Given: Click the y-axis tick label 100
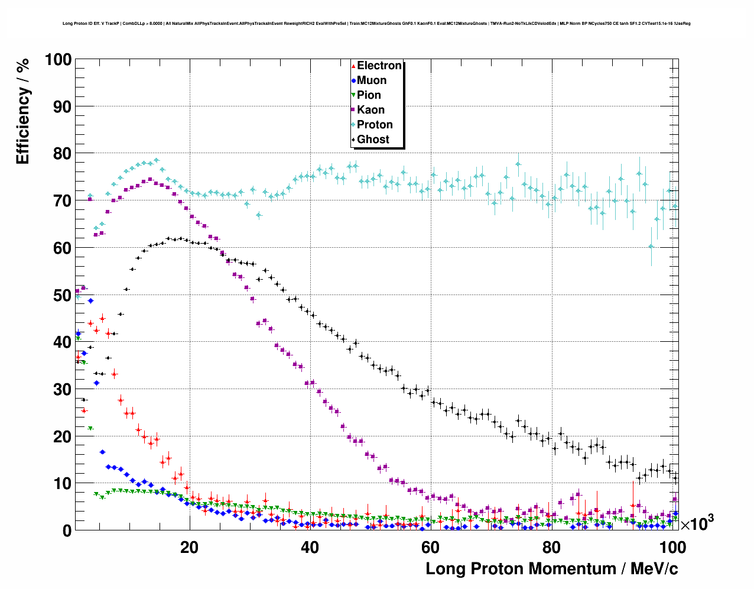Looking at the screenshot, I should pyautogui.click(x=58, y=60).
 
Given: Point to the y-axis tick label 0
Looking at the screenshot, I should pyautogui.click(x=67, y=530).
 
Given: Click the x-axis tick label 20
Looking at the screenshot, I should pyautogui.click(x=189, y=547).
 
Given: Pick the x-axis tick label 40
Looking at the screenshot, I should pyautogui.click(x=310, y=547).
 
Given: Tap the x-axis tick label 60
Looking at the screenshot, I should pyautogui.click(x=430, y=547).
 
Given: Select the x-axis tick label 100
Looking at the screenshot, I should pyautogui.click(x=672, y=547).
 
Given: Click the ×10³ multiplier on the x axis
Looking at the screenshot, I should pyautogui.click(x=697, y=523).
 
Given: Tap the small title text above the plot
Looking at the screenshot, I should pyautogui.click(x=376, y=24).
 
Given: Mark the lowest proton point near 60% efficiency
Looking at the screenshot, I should pyautogui.click(x=651, y=247).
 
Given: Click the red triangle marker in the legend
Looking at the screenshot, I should pyautogui.click(x=353, y=66).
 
